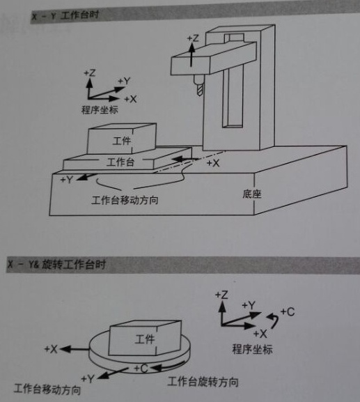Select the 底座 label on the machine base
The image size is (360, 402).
click(253, 193)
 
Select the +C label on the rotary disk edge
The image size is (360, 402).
click(140, 367)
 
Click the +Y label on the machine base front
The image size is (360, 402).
click(68, 180)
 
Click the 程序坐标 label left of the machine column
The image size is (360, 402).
click(101, 110)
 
